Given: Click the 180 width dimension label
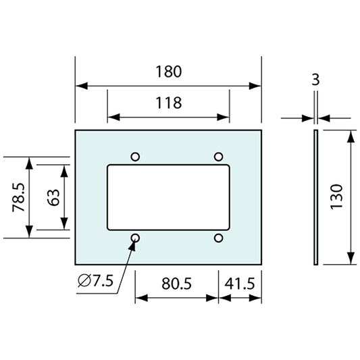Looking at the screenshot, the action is click(169, 72).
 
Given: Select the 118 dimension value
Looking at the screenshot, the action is click(169, 103).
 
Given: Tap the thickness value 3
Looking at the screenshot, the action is click(315, 80).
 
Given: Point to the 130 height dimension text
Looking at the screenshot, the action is click(336, 197).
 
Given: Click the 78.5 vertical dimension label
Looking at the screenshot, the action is click(19, 197).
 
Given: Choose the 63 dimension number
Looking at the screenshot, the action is click(53, 197).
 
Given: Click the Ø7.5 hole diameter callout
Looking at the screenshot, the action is click(95, 280).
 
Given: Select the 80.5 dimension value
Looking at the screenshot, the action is click(176, 284).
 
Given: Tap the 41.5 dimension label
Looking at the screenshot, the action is click(240, 284).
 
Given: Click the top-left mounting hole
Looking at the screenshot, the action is click(135, 157).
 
